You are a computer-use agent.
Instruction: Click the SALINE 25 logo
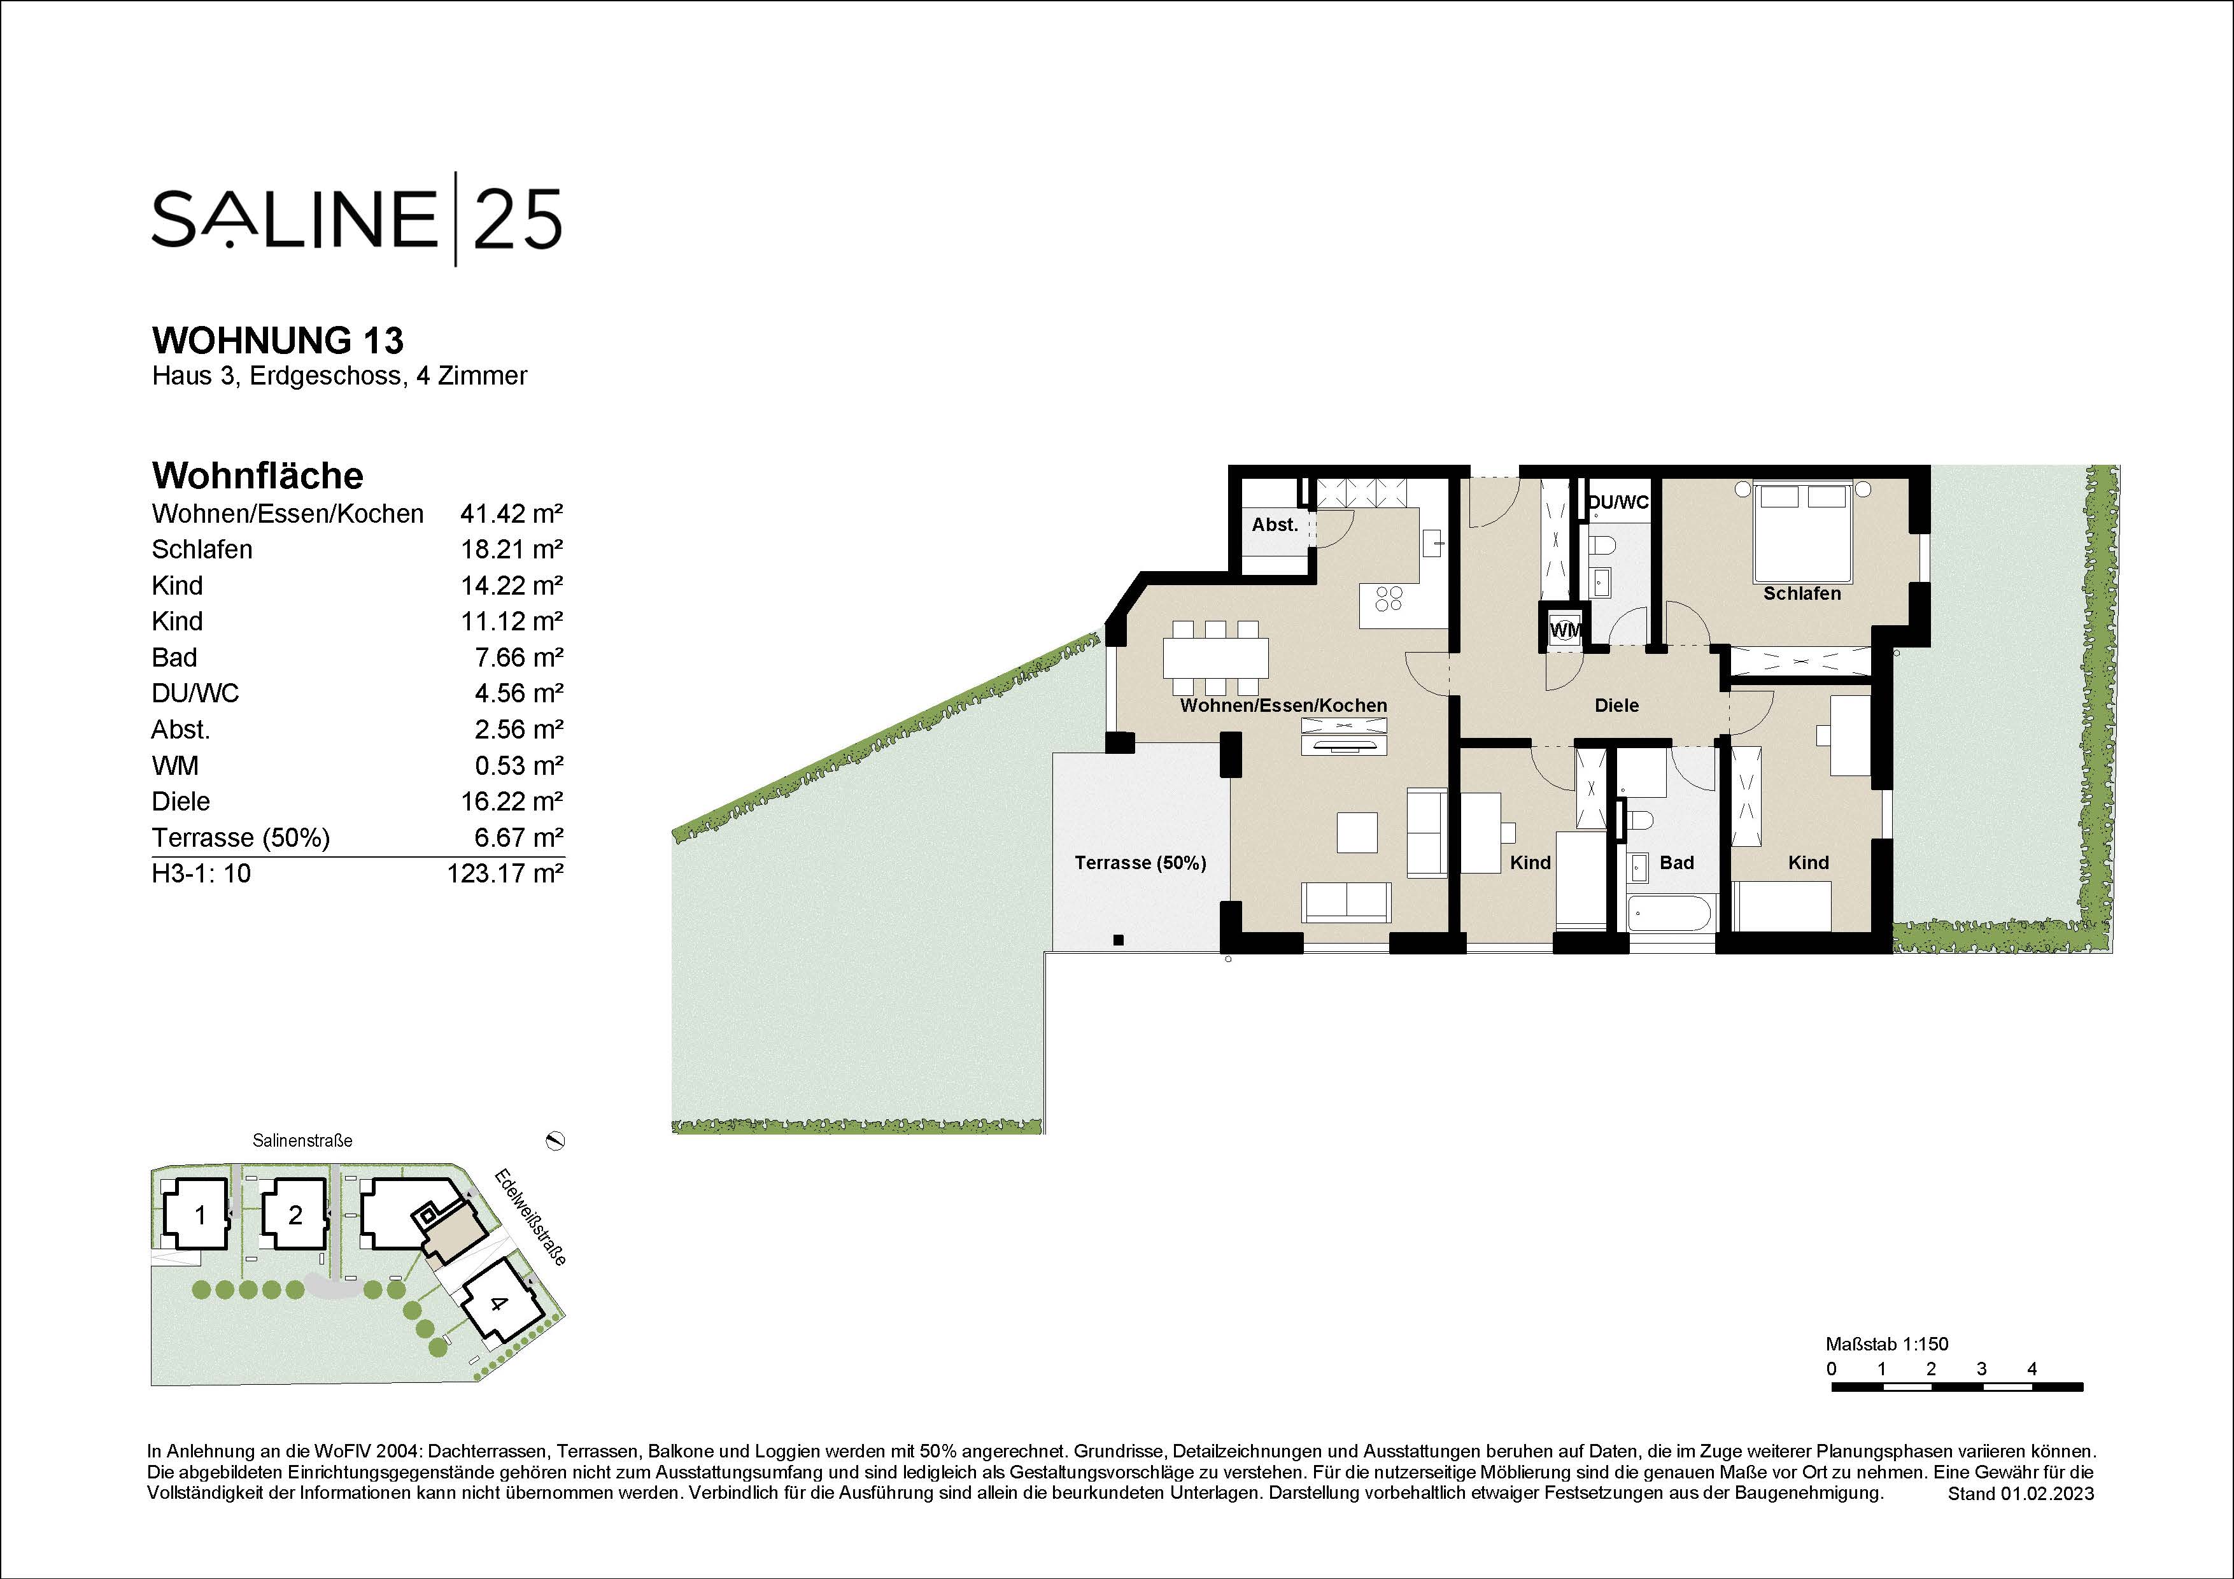pyautogui.click(x=356, y=219)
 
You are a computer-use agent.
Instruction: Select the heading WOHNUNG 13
pyautogui.click(x=278, y=341)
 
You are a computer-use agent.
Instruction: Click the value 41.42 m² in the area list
pyautogui.click(x=511, y=514)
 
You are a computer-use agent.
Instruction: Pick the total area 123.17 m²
pyautogui.click(x=504, y=874)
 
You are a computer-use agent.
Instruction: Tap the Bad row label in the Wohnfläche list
pyautogui.click(x=174, y=658)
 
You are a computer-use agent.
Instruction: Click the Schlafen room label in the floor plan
pyautogui.click(x=1801, y=593)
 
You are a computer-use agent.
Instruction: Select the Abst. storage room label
pyautogui.click(x=1275, y=525)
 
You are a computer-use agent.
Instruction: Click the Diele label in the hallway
pyautogui.click(x=1616, y=705)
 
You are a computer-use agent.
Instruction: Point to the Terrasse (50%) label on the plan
pyautogui.click(x=1140, y=863)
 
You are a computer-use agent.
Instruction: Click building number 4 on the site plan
pyautogui.click(x=498, y=1304)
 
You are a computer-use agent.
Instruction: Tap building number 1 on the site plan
pyautogui.click(x=201, y=1215)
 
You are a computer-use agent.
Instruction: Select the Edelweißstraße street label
pyautogui.click(x=530, y=1216)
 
